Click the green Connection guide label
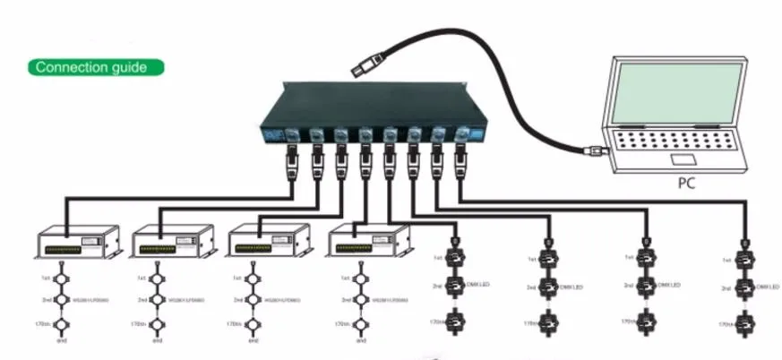pos(98,67)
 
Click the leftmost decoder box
pos(77,244)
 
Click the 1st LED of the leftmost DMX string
pos(455,258)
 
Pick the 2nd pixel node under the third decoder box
pos(254,300)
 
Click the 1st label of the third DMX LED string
pos(627,257)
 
